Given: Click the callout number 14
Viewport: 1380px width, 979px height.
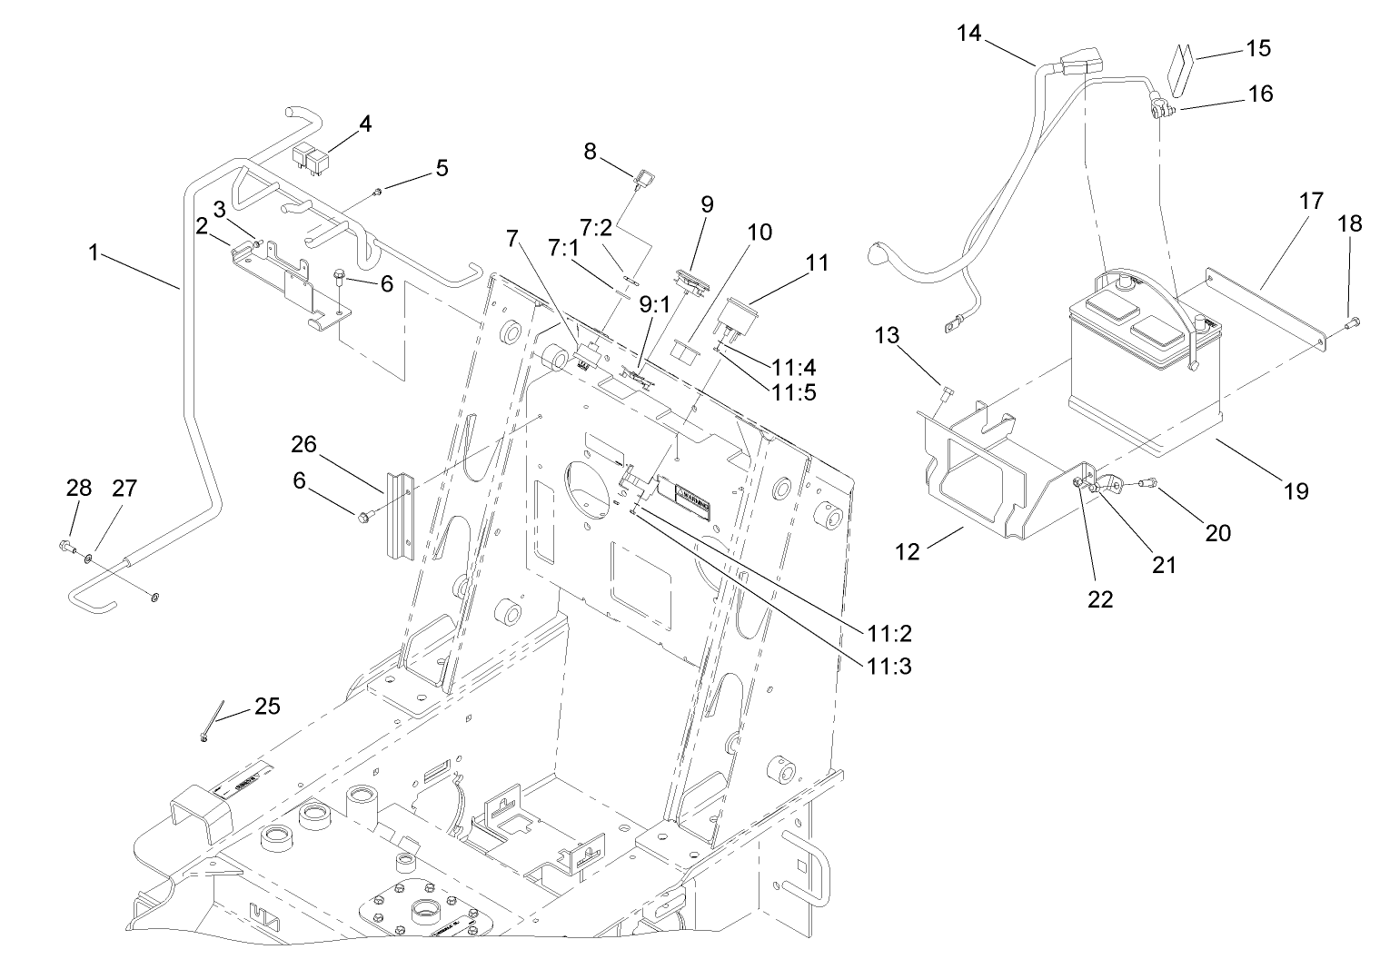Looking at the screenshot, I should coord(969,34).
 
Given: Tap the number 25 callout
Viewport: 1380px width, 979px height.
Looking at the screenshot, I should coord(266,706).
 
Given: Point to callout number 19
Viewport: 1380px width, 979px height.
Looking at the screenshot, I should coord(1296,490).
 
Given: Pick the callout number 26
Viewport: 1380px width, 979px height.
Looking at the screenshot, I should coord(303,444).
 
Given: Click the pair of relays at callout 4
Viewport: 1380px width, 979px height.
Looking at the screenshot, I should coord(311,160).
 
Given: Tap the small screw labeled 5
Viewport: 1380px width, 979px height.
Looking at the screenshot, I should coord(379,190).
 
